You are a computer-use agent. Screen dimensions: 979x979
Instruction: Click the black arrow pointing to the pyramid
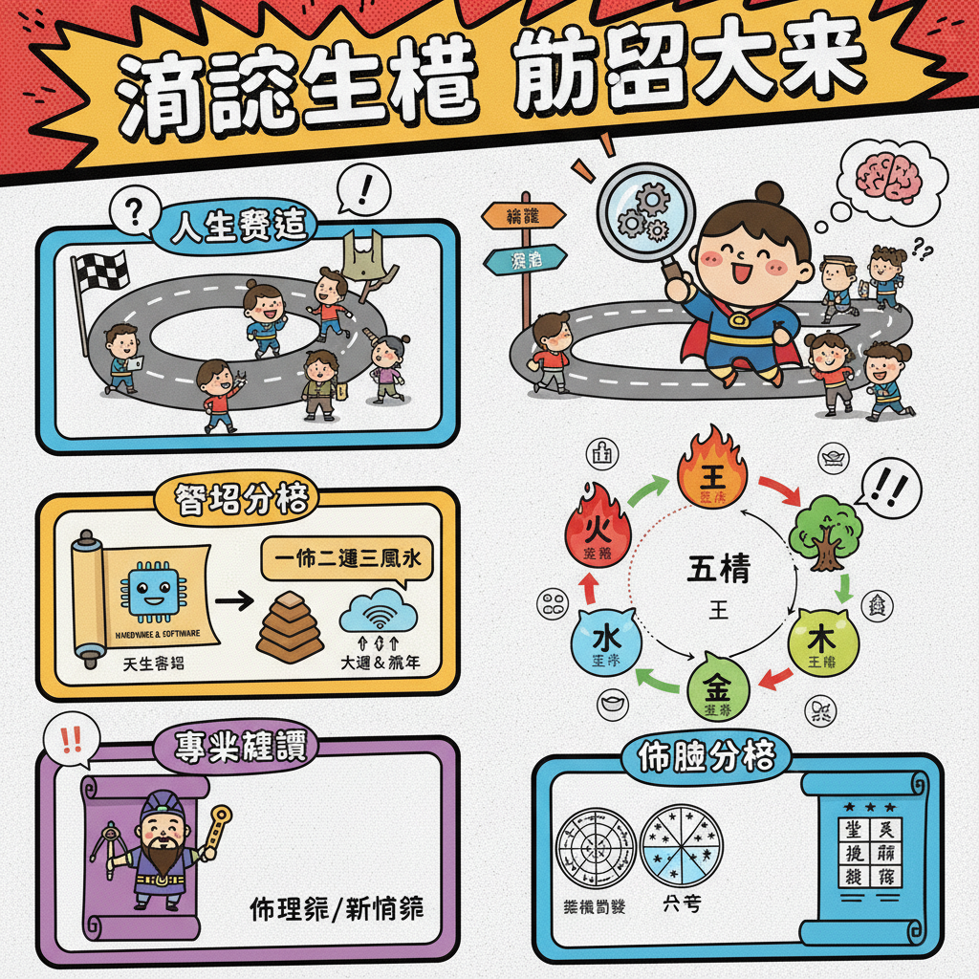233,601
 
